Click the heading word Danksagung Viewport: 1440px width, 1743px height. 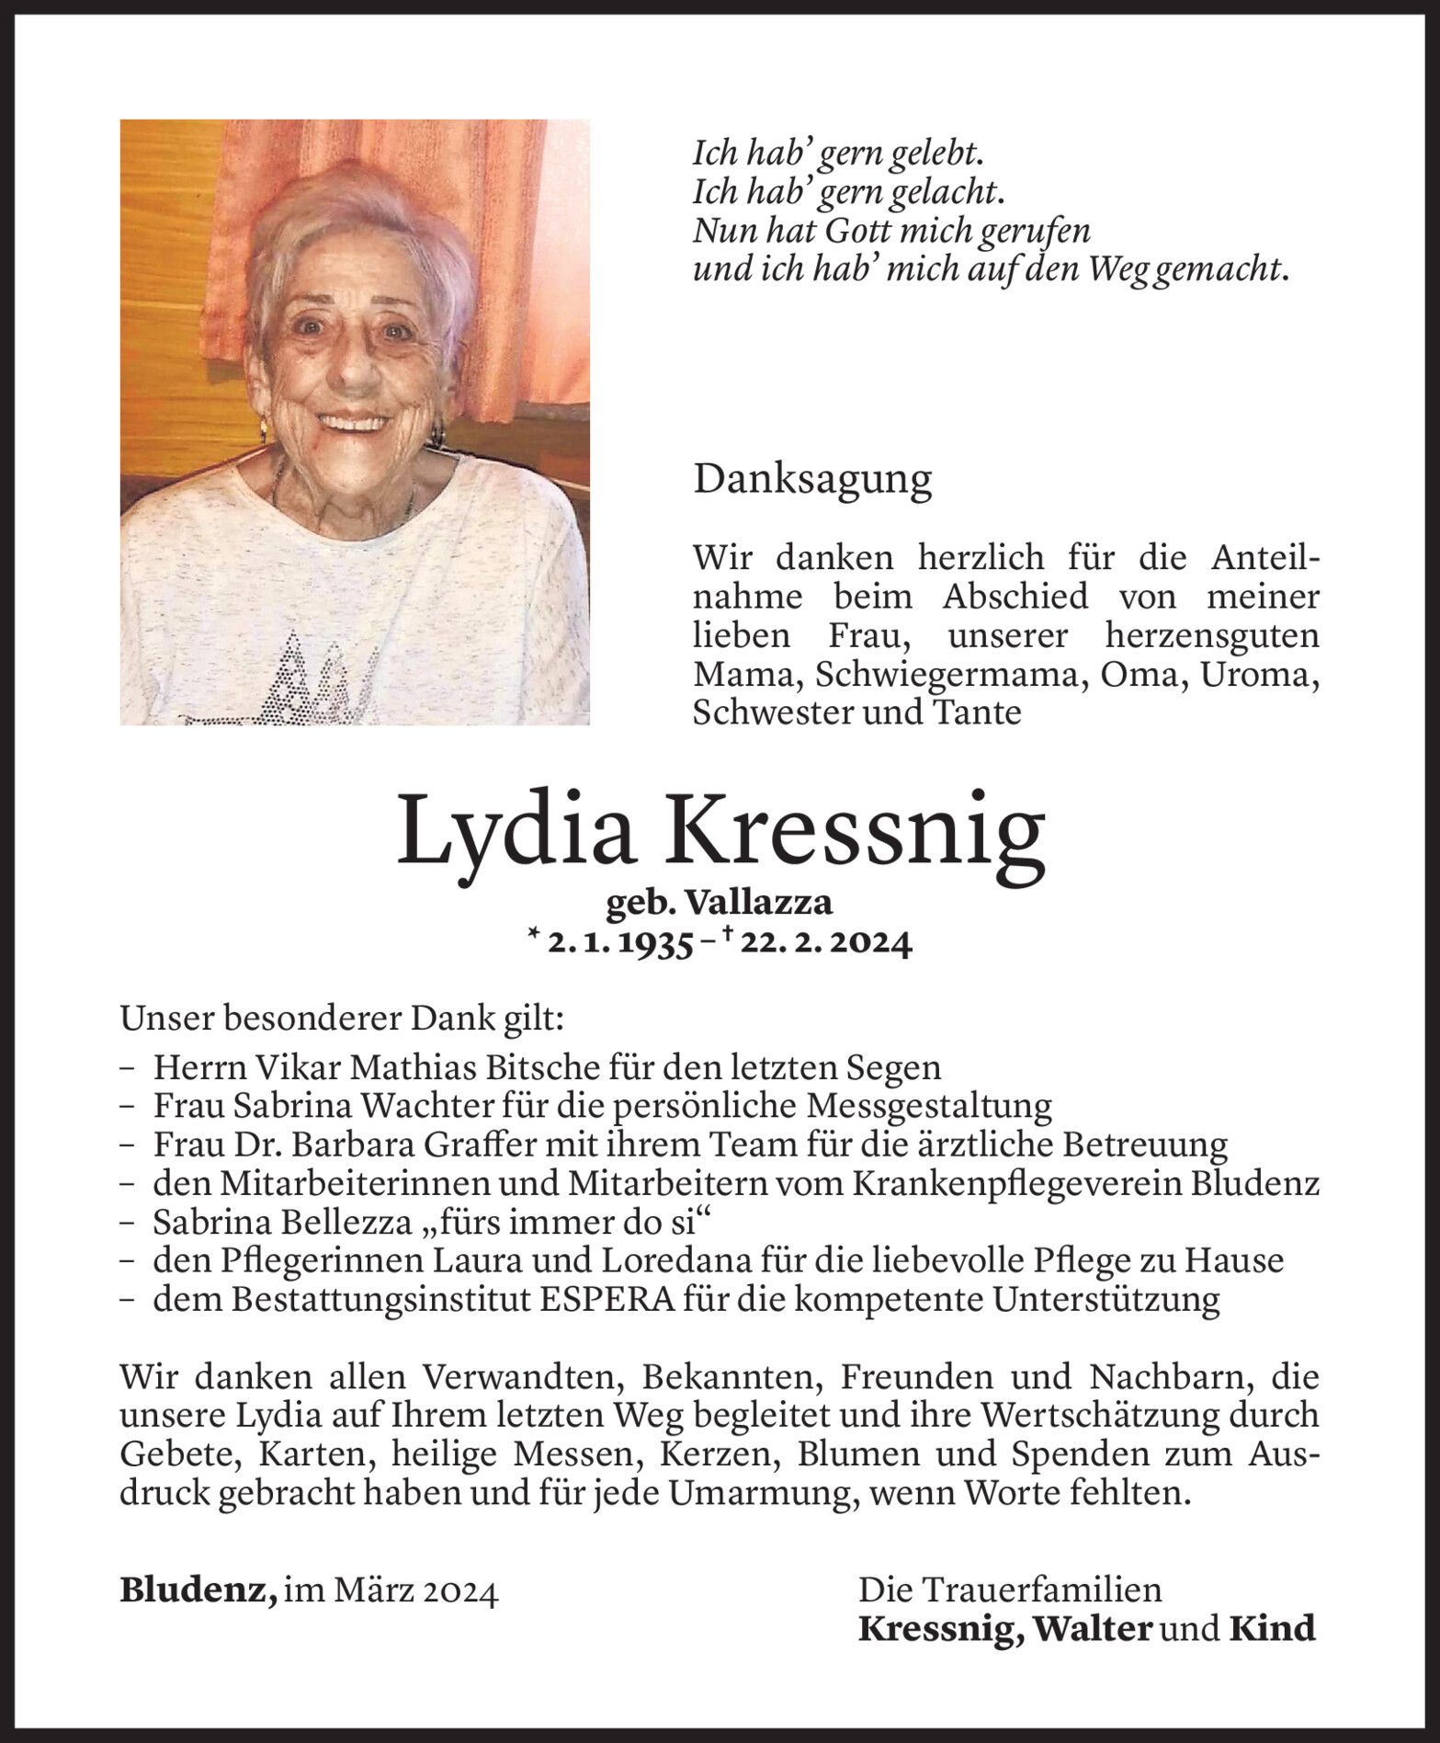tap(812, 481)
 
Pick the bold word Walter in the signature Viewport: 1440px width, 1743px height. tap(1092, 1628)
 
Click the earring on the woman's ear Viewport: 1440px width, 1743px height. tap(263, 428)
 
